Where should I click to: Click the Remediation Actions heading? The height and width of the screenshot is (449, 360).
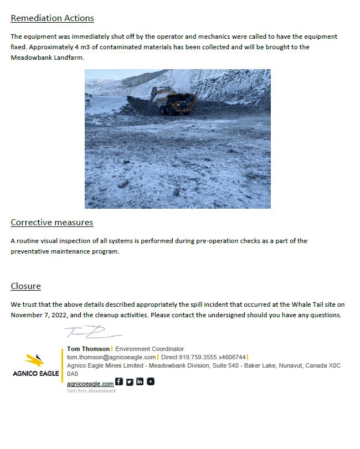coord(52,18)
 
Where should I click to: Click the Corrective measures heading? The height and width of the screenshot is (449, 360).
coord(52,223)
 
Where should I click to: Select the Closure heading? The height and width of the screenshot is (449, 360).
coord(25,286)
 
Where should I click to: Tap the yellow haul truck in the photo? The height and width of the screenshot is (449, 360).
coord(179,102)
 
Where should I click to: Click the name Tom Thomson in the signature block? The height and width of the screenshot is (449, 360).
coord(88,349)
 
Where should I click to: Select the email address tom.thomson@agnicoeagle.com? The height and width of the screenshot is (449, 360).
coord(111,357)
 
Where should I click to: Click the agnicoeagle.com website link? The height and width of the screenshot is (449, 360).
coord(90,384)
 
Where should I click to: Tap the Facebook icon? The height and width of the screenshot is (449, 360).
coord(119,381)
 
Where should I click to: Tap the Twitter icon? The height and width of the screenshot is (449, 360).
coord(130,381)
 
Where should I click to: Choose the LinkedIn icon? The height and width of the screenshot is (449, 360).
coord(140,381)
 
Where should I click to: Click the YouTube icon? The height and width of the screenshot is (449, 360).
coord(151,381)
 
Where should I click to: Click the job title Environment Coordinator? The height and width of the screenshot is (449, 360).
coord(150,349)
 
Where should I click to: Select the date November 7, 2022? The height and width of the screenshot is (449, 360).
coord(37,315)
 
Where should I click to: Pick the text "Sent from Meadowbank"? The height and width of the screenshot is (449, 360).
coord(91,391)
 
